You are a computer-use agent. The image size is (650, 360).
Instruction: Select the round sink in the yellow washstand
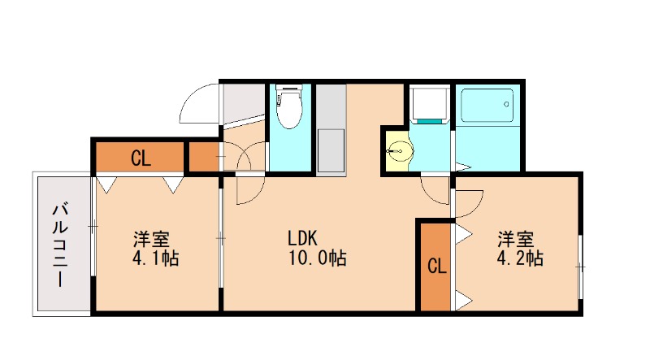point(398,150)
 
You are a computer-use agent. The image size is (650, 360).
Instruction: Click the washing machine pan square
point(429,104)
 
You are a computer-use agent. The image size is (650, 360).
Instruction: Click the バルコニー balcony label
point(59,245)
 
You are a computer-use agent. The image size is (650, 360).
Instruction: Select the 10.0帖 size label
point(316,259)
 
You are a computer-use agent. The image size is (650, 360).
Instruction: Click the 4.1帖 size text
point(156,259)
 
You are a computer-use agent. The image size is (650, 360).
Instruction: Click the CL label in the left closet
point(140,158)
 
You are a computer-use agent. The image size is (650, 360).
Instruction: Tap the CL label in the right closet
point(436,267)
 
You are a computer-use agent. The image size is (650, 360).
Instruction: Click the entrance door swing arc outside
point(198,104)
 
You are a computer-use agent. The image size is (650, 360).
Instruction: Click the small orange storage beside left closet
point(203,157)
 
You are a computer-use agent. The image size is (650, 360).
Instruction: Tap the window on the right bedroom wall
point(580,266)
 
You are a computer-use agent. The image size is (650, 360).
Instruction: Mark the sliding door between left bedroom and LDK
point(221,240)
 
